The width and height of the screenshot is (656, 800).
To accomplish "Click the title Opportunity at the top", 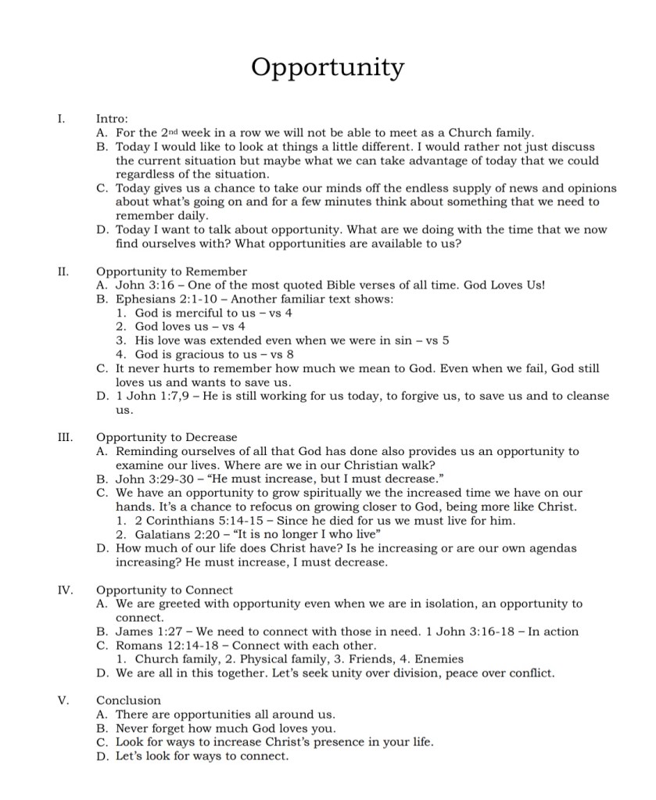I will (x=328, y=68).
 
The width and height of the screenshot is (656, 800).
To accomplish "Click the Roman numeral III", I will (x=64, y=437).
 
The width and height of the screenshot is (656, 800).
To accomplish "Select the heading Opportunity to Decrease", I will (x=166, y=437).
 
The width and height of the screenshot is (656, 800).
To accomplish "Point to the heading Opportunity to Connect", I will (x=164, y=590).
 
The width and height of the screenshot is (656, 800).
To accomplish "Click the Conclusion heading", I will (x=128, y=700).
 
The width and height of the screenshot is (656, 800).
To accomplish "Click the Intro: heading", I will (x=112, y=119).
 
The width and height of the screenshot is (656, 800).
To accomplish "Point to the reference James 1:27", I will (x=145, y=632).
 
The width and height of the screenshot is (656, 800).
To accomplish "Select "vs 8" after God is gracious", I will (x=281, y=354).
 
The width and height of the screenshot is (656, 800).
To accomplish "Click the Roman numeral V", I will (x=64, y=700).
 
